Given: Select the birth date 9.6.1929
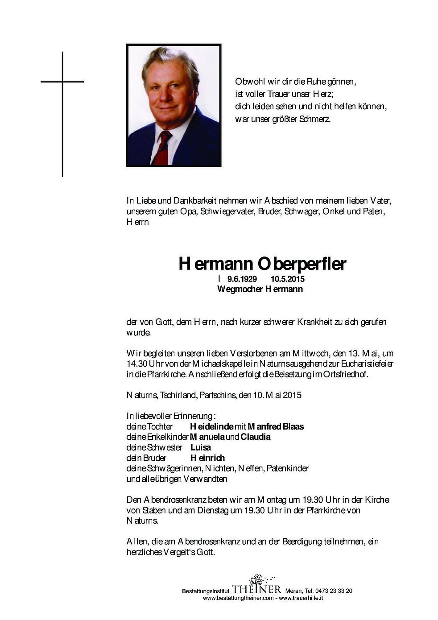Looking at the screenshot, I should [x=242, y=280].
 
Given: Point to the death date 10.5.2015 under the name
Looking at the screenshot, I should [x=287, y=280].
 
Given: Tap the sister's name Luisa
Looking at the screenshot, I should [x=200, y=447].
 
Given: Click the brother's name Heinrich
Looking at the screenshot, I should [x=207, y=458].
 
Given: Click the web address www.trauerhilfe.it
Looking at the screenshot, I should [x=301, y=598].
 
